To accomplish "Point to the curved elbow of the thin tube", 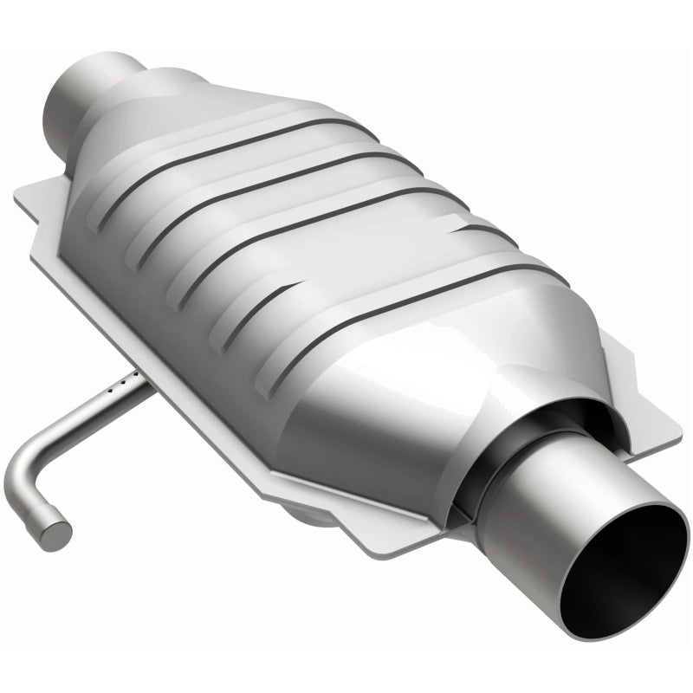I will pos(22,472).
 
